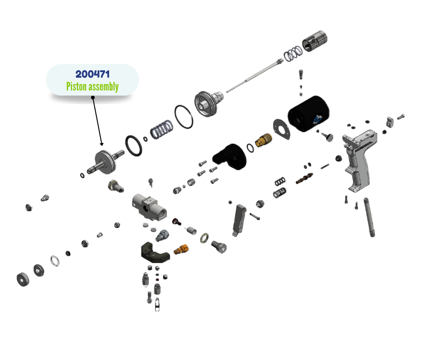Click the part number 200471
coord(92,74)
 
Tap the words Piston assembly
coord(92,86)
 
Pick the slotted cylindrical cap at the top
coord(314,41)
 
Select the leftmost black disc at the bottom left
coord(22,278)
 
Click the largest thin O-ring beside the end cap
coord(184,116)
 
